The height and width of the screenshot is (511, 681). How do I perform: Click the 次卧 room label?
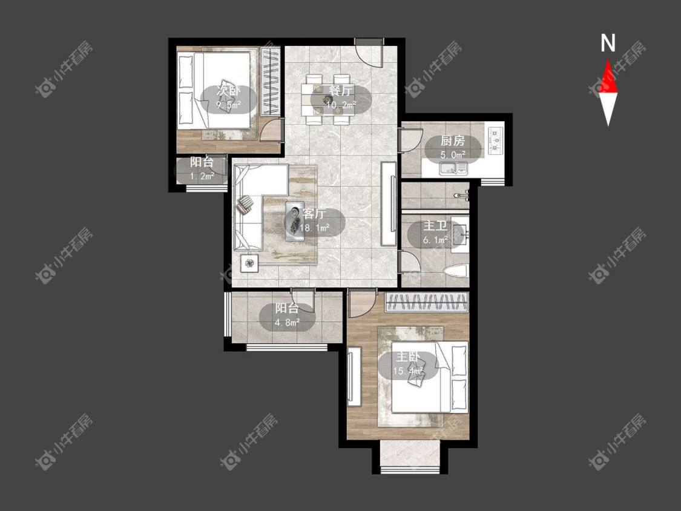coord(228,91)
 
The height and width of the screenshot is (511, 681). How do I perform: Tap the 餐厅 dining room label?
coord(341,91)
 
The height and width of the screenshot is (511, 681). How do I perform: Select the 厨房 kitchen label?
coord(453,141)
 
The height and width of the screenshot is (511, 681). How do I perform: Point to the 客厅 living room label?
coord(314,214)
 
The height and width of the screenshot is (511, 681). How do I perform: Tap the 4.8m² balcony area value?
coord(287,323)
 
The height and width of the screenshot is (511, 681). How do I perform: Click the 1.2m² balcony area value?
coord(202,176)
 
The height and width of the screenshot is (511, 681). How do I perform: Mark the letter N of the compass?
coord(608,43)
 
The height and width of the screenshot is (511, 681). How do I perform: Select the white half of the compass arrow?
coord(608,108)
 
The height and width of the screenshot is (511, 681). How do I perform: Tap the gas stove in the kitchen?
coord(495,140)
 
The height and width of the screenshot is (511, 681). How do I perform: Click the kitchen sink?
coord(453,168)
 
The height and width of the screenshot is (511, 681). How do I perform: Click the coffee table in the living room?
coord(296,221)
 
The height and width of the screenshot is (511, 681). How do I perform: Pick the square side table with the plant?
coord(249,263)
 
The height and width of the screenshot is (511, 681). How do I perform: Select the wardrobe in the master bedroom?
coord(427,303)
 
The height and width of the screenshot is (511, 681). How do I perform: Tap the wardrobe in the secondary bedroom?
coord(271,81)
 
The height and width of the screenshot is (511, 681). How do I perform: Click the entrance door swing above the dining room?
coord(369,52)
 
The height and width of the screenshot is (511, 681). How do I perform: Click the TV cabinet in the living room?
coord(389,203)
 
